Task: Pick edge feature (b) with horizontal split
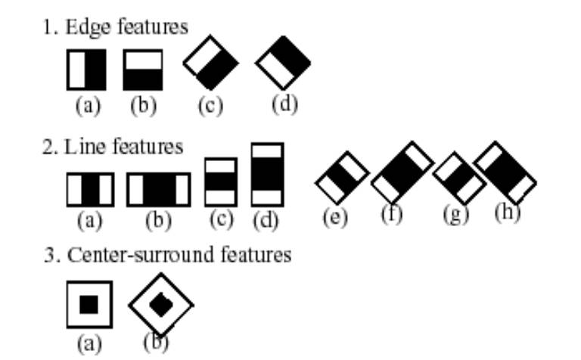[x=143, y=70]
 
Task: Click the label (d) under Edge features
[x=284, y=104]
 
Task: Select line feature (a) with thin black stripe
[x=90, y=189]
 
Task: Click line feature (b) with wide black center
[x=158, y=189]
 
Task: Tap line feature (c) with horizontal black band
[x=221, y=182]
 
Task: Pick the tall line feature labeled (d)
[x=267, y=175]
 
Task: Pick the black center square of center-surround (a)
[x=89, y=304]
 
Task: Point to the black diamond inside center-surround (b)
[x=160, y=305]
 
